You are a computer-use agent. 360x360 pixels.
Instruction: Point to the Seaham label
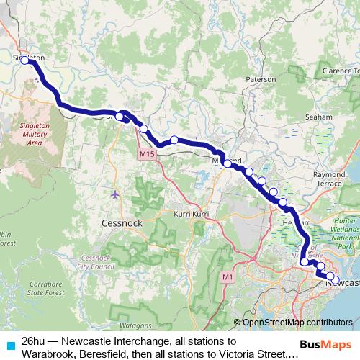tap(318, 116)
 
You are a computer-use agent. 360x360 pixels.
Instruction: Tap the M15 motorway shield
tap(148, 155)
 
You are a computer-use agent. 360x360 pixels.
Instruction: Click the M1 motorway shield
tap(228, 276)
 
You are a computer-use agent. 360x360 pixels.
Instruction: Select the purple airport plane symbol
tap(116, 194)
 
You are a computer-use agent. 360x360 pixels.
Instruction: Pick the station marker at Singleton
tap(25, 60)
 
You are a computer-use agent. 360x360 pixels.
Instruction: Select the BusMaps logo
tap(325, 344)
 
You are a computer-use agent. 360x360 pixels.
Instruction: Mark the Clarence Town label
tap(341, 71)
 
